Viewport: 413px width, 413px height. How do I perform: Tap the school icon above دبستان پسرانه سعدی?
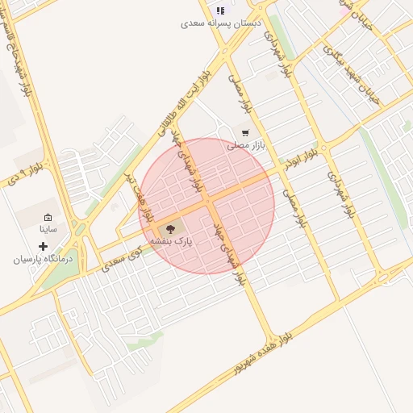220,10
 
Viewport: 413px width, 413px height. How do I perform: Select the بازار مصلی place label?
246,145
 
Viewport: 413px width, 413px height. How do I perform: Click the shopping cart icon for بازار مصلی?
245,132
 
